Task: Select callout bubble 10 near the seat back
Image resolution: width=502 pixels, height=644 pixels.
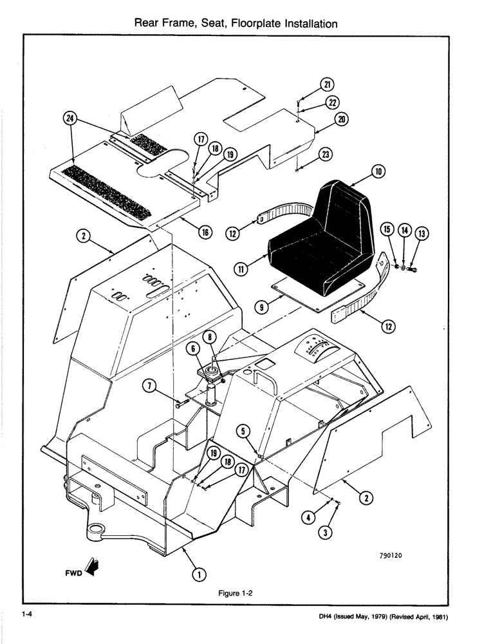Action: (x=378, y=173)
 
